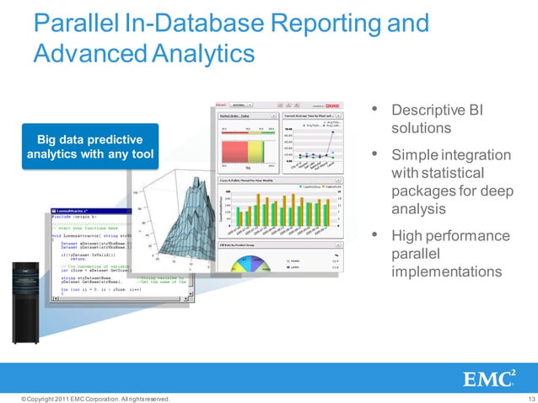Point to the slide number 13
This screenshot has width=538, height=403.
click(530, 398)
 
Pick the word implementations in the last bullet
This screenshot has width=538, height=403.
click(446, 272)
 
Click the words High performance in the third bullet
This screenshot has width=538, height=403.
click(451, 235)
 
